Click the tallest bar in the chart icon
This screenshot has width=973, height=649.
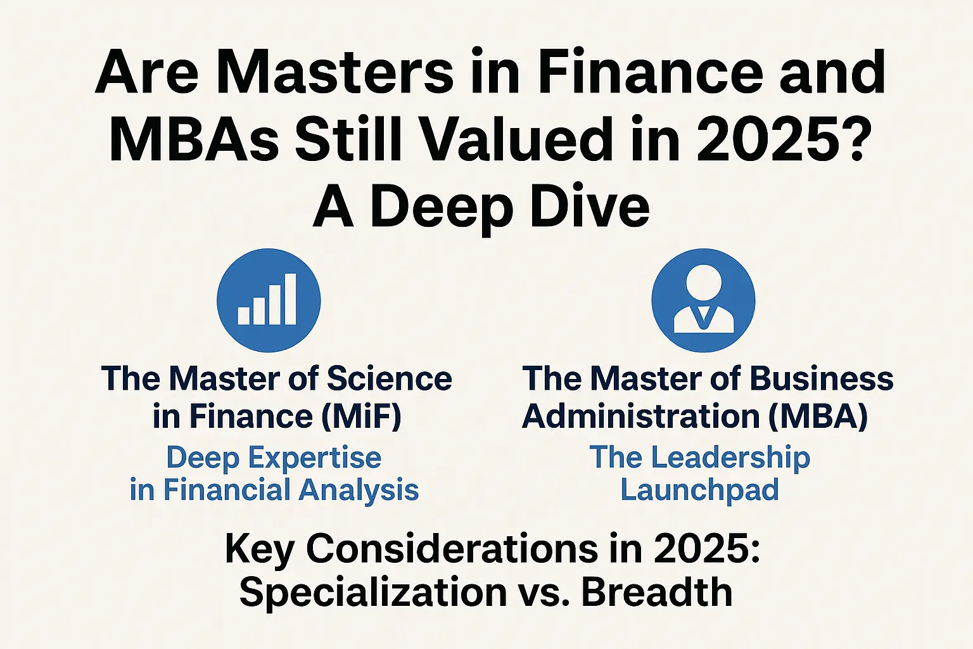click(290, 299)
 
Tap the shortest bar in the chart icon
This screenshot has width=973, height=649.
click(244, 316)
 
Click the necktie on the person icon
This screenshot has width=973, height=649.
click(704, 316)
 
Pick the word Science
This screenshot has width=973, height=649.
click(389, 378)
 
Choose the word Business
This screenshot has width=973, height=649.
click(822, 378)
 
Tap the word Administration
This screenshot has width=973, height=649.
click(640, 416)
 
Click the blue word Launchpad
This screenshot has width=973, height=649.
click(699, 490)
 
